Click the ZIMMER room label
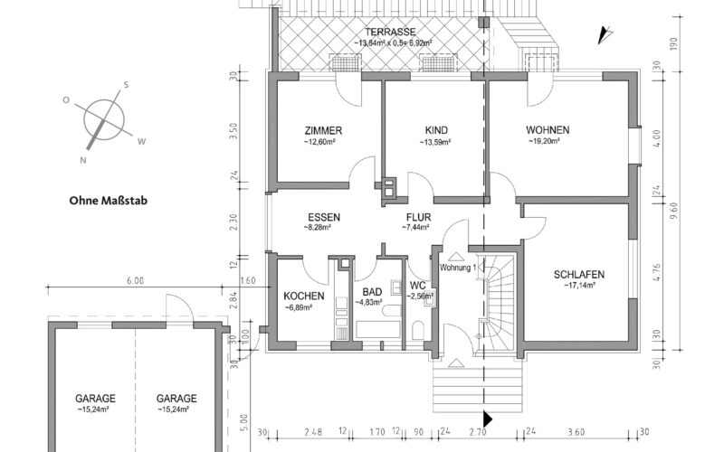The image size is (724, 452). [324, 130]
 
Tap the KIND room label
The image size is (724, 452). [436, 130]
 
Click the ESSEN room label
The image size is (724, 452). [323, 218]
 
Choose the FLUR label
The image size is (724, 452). [417, 218]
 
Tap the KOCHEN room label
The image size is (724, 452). [302, 296]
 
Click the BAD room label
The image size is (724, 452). [372, 293]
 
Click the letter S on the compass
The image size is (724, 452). [127, 85]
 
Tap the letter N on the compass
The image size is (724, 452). [83, 160]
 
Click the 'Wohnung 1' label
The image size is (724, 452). [458, 268]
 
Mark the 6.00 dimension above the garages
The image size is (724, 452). [135, 281]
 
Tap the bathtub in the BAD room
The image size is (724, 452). [375, 324]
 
